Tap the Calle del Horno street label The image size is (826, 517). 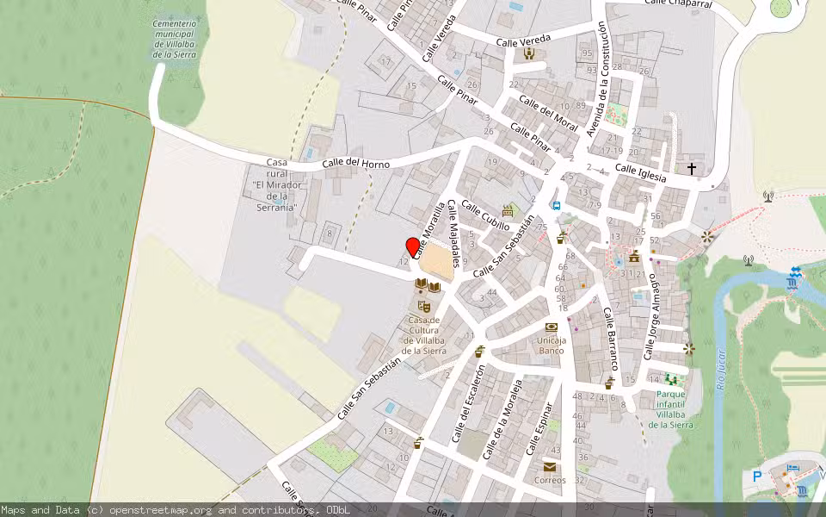click(355, 164)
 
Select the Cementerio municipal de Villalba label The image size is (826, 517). click(175, 39)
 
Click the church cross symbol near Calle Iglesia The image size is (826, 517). click(692, 168)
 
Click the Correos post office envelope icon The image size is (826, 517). click(550, 467)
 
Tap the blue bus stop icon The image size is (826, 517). click(557, 206)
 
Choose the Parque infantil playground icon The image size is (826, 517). click(671, 378)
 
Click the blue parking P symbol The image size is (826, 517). click(757, 476)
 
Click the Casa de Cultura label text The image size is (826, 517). click(423, 335)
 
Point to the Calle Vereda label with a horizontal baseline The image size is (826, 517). click(523, 40)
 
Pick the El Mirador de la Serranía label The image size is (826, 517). click(276, 185)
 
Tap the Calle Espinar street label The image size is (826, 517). click(539, 428)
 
